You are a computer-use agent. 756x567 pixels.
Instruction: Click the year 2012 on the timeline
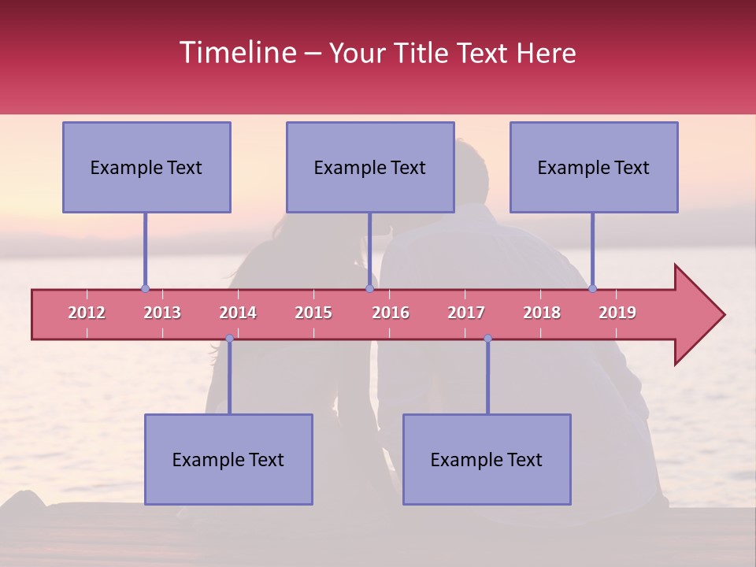click(87, 313)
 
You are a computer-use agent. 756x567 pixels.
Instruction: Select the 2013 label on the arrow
click(162, 313)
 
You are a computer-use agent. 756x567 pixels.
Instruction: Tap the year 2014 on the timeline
click(238, 313)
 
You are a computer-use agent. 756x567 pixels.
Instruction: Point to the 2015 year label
click(313, 313)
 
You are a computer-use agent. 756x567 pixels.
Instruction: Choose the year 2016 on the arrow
click(391, 313)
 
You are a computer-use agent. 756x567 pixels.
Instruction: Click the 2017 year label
click(466, 313)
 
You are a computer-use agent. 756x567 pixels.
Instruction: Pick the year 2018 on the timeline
click(542, 313)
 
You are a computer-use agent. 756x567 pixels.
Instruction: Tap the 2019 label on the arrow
click(617, 313)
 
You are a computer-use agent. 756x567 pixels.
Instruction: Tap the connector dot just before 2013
click(145, 288)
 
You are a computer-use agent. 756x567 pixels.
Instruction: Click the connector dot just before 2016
click(369, 288)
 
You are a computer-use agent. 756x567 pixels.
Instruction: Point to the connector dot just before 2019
click(592, 288)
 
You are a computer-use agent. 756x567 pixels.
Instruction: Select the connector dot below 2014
click(229, 338)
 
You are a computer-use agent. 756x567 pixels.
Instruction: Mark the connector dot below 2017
click(487, 338)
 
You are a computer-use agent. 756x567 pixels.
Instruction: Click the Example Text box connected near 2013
click(146, 168)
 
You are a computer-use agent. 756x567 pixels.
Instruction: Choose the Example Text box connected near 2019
click(594, 168)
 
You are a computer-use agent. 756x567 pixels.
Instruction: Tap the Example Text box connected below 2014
click(228, 460)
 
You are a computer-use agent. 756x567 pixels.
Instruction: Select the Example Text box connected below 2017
click(487, 460)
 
